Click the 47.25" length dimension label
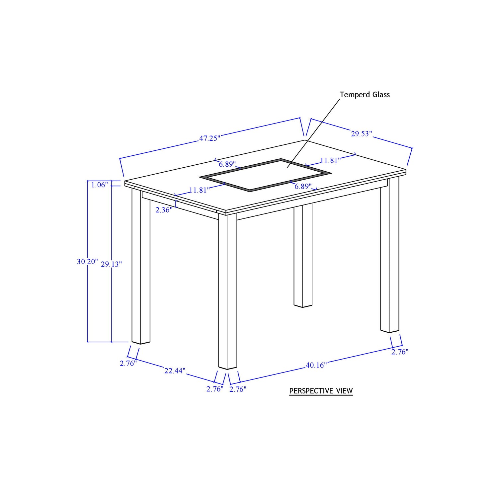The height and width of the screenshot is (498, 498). pos(209,138)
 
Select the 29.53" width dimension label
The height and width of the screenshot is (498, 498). pos(362,134)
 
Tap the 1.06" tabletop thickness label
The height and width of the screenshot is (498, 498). pos(100,185)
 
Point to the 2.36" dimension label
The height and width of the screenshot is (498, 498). pos(164,210)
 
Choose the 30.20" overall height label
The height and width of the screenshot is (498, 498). pos(87,262)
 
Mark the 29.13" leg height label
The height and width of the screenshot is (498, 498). pos(111,264)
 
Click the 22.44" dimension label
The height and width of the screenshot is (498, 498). pos(175,371)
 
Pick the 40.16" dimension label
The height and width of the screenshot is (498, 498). pos(316,365)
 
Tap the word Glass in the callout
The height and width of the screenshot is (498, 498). pos(381,95)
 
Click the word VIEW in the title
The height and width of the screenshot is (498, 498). pos(344,391)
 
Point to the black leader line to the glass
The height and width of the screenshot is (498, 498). pos(313,133)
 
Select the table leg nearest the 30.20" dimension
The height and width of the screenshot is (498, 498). pos(141,266)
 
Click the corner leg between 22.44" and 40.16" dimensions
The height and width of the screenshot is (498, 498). pos(228,291)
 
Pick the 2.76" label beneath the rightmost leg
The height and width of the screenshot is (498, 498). pos(400,352)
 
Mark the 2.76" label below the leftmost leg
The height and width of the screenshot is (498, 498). pos(128,364)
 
